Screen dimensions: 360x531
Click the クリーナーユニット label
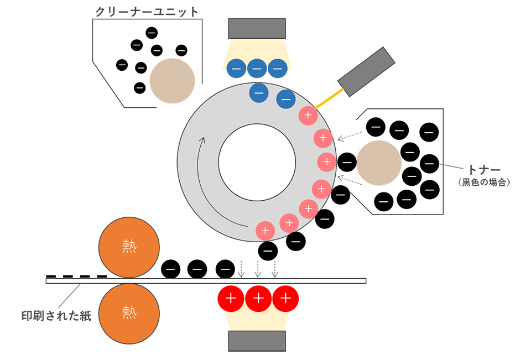click(x=147, y=11)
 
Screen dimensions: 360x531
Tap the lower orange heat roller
click(x=129, y=313)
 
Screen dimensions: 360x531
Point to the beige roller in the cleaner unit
click(x=172, y=81)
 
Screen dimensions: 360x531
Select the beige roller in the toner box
click(x=379, y=163)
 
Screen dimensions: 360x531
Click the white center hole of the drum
click(x=257, y=161)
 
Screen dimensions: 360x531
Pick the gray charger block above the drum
click(x=257, y=28)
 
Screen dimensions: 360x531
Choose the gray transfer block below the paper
click(x=257, y=341)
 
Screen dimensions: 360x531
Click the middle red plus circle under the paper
click(x=258, y=299)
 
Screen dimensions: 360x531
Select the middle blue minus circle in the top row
click(x=257, y=69)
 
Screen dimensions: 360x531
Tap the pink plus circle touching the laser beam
click(x=307, y=116)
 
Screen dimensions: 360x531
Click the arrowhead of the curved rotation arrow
click(x=202, y=139)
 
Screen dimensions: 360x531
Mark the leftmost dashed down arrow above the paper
click(x=241, y=270)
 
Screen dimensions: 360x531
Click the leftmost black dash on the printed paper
click(x=50, y=276)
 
